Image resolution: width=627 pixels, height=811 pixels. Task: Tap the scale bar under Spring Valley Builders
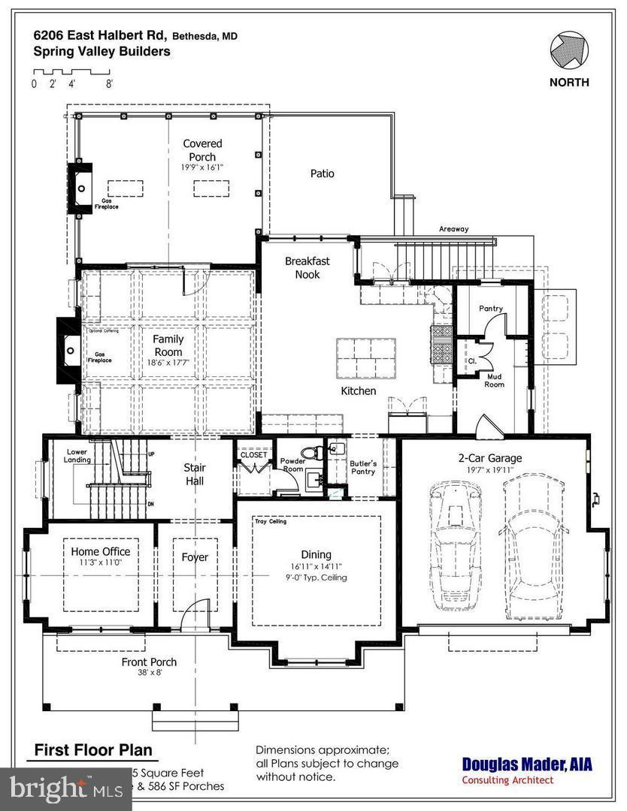tap(71, 71)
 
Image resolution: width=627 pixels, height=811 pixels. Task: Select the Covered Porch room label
tap(202, 150)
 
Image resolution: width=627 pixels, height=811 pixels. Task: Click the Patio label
tap(322, 173)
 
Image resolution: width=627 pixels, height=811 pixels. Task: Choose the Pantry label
tap(490, 309)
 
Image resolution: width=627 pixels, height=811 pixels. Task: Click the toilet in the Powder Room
tap(317, 451)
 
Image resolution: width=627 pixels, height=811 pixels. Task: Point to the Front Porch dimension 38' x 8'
tap(149, 673)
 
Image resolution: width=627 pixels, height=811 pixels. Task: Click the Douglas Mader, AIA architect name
tap(526, 764)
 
